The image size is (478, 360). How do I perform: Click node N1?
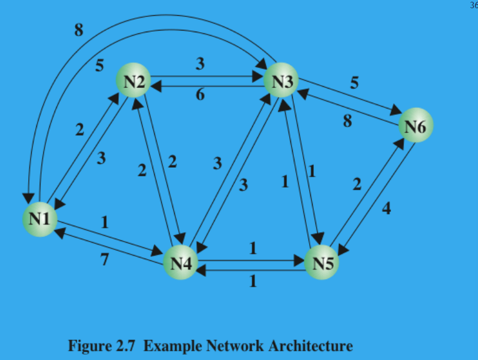pyautogui.click(x=39, y=219)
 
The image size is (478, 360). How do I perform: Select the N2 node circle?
pyautogui.click(x=134, y=81)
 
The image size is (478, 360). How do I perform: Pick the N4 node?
pyautogui.click(x=181, y=262)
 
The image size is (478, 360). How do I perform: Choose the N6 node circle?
pyautogui.click(x=415, y=127)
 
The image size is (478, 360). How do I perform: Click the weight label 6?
pyautogui.click(x=200, y=95)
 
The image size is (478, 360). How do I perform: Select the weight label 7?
pyautogui.click(x=104, y=260)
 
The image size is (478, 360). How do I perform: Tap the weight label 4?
pyautogui.click(x=386, y=208)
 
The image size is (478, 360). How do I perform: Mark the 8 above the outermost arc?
pyautogui.click(x=79, y=30)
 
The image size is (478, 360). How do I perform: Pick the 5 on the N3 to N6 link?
pyautogui.click(x=354, y=83)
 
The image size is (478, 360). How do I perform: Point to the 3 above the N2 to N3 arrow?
pyautogui.click(x=200, y=63)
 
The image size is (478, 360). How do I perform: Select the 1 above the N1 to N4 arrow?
pyautogui.click(x=105, y=223)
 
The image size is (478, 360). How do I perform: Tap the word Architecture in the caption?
pyautogui.click(x=314, y=345)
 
